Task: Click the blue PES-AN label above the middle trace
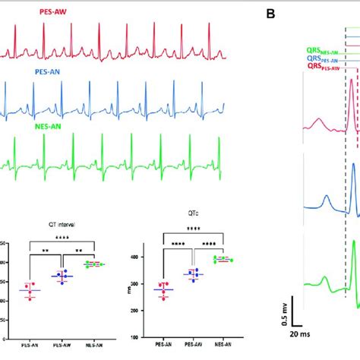(49, 71)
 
